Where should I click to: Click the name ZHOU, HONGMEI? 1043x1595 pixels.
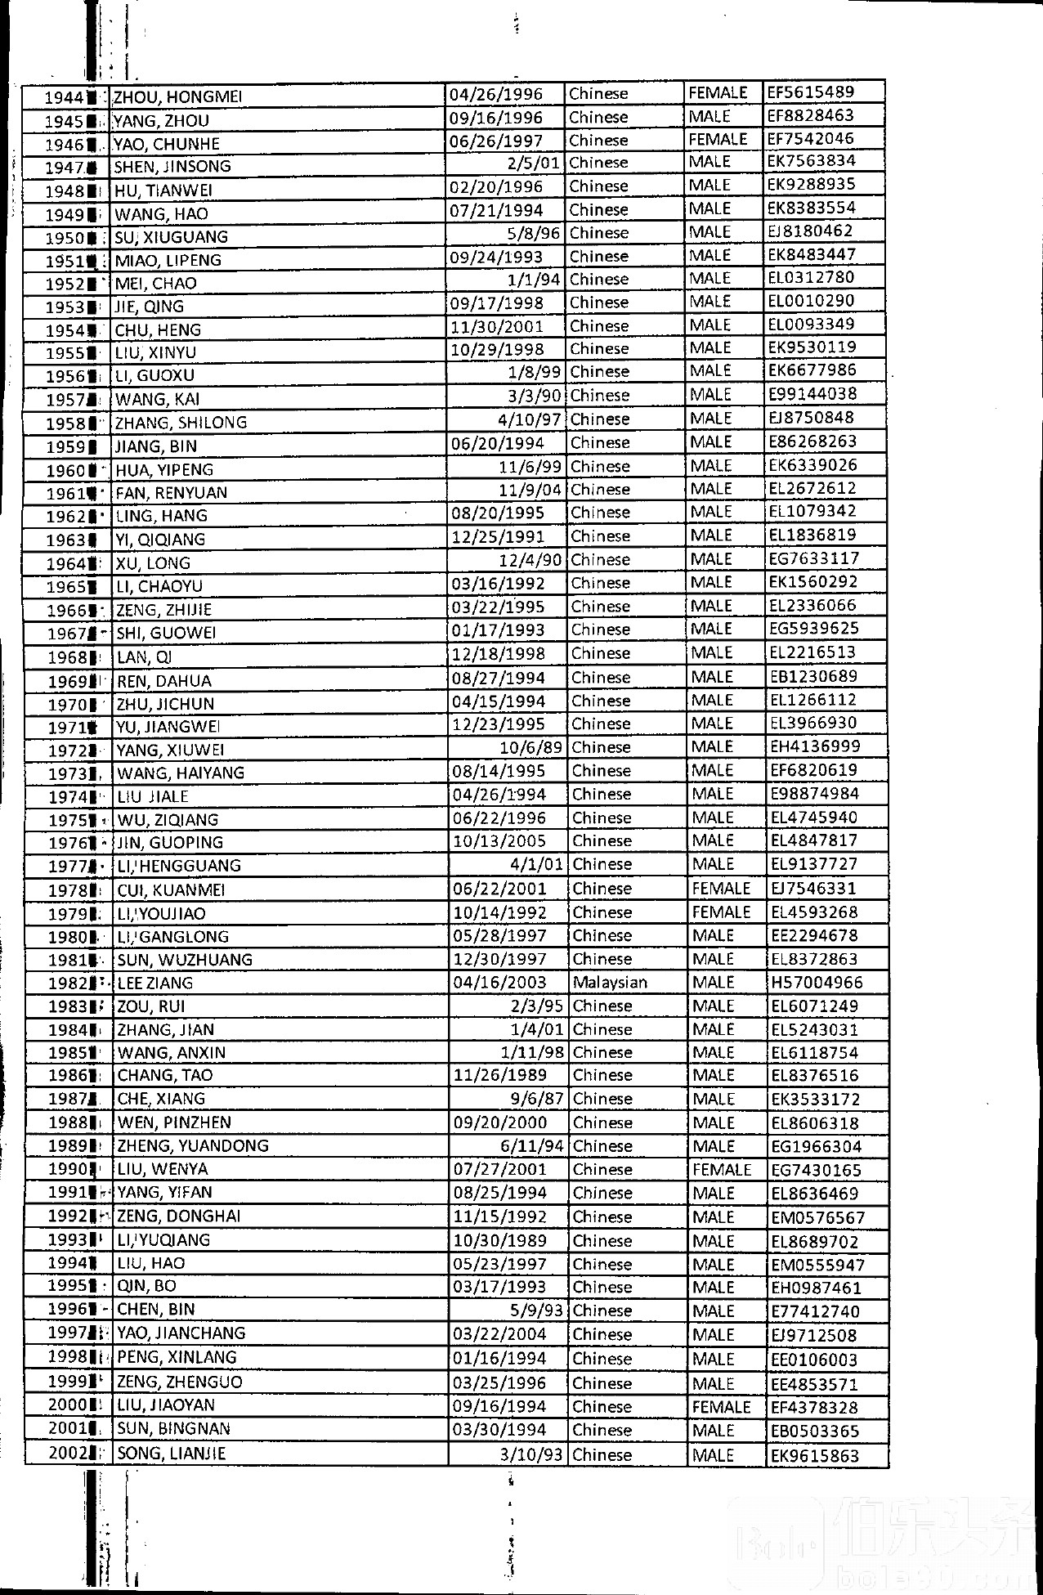[x=177, y=96]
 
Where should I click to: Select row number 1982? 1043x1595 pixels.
[x=68, y=983]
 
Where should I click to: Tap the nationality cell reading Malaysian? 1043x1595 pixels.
[x=610, y=982]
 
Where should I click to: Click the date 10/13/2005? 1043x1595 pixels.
[x=499, y=841]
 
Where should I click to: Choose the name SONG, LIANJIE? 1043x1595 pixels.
[x=171, y=1453]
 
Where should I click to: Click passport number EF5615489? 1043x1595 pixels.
[x=811, y=92]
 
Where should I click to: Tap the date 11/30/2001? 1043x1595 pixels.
[x=497, y=326]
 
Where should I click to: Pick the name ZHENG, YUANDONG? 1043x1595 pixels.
[x=193, y=1145]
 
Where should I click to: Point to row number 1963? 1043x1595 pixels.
[x=66, y=540]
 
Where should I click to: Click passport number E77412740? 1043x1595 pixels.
[x=815, y=1311]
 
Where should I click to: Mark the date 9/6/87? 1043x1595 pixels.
[x=537, y=1099]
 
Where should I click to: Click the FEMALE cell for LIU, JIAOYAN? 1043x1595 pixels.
[x=721, y=1406]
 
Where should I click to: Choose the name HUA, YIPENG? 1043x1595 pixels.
[x=164, y=469]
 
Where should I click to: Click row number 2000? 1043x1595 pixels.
[x=67, y=1405]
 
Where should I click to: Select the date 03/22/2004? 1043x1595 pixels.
[x=499, y=1334]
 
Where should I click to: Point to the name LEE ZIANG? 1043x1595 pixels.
[x=155, y=983]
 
